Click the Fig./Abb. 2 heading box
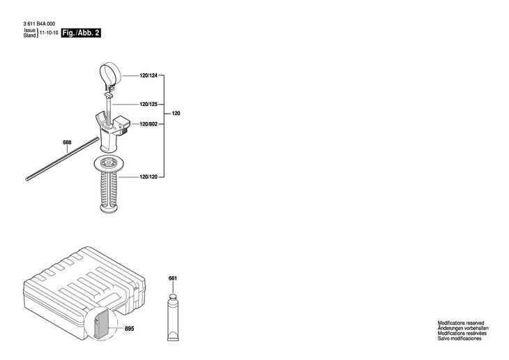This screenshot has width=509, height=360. (x=81, y=33)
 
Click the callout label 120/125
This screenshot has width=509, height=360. (x=149, y=105)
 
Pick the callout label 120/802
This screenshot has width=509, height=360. (x=149, y=124)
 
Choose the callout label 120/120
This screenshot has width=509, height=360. (x=149, y=177)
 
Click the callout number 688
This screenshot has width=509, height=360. (x=67, y=143)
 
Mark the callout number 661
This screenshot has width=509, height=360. (x=173, y=279)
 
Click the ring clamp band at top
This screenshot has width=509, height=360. (x=110, y=73)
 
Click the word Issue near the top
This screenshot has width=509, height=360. (x=29, y=31)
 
